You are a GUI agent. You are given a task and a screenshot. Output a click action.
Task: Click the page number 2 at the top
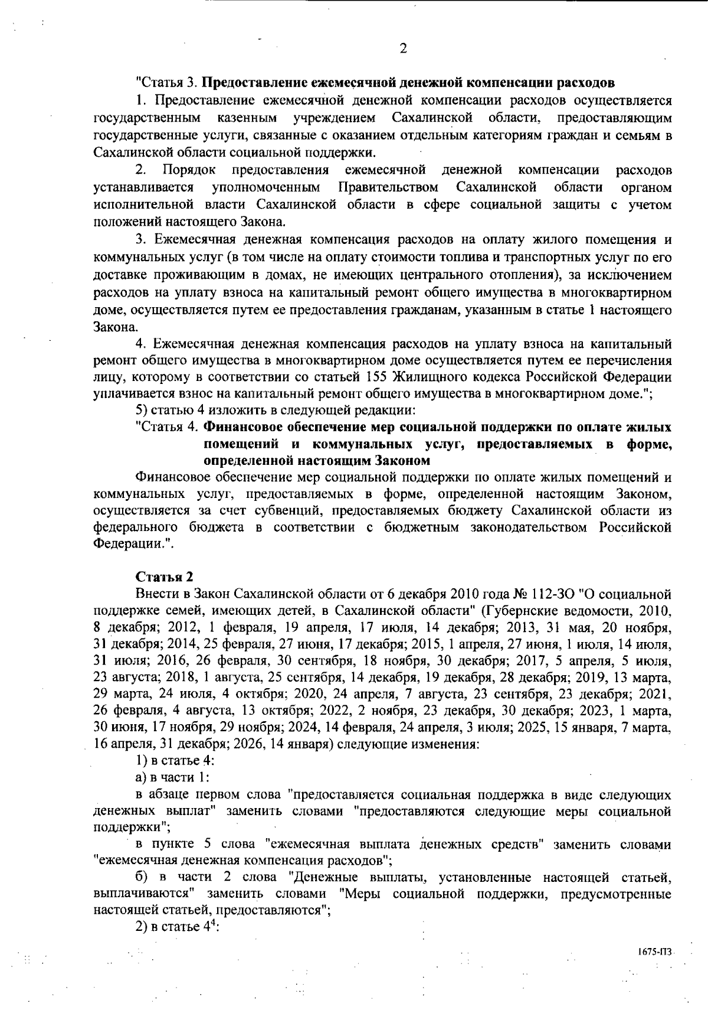point(403,49)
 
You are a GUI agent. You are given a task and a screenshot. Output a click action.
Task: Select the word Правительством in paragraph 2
point(388,187)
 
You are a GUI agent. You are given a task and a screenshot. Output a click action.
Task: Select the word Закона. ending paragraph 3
point(116,327)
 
